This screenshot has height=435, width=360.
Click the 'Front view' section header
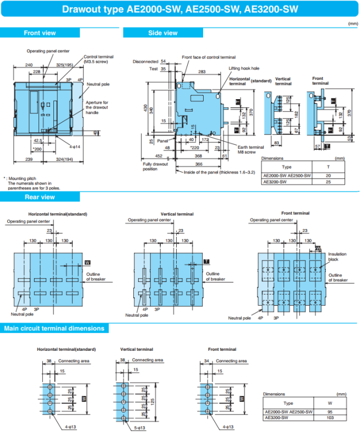40,33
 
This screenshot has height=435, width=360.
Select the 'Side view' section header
163,33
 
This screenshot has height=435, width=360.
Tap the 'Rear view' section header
40,197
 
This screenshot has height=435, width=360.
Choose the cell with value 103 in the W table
329,417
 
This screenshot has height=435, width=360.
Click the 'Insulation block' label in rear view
337,257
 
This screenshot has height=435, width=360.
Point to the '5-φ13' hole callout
139,427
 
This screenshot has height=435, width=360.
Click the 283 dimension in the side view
203,72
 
